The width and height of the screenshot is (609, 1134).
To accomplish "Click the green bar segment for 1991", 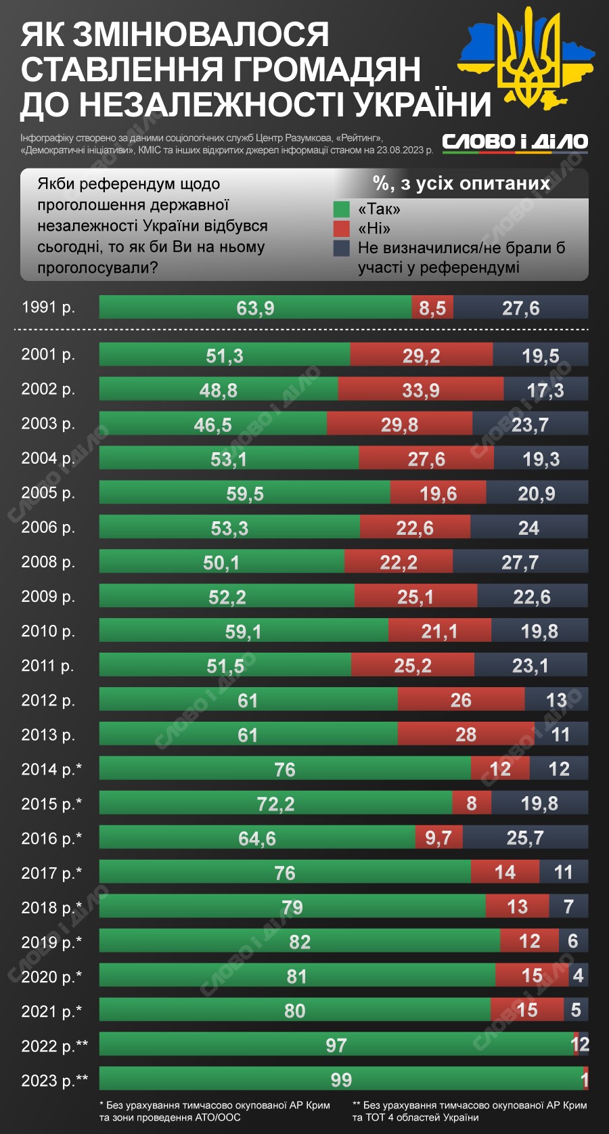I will coord(255,307).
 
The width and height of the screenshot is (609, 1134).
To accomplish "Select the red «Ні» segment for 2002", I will coord(420,389).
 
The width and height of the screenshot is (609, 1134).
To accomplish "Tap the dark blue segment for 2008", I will coord(520,562).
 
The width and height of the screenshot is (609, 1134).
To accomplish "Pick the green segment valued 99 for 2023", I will coord(340,1079).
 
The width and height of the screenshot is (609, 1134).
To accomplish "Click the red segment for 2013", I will coord(466,735).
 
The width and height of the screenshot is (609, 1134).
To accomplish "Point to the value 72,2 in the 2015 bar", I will coord(275,804).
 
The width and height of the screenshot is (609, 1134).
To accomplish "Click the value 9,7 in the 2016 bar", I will coord(438,838).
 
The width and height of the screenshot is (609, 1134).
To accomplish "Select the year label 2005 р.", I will coord(48,493).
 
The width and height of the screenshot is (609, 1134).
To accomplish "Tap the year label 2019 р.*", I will coord(51,942).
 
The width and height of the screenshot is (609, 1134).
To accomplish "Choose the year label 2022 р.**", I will coord(55,1045).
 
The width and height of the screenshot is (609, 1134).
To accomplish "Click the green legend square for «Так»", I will coord(342,209).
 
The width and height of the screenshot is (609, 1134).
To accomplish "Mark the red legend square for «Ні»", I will coord(342,229).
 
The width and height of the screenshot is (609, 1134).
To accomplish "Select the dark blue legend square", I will coord(342,248).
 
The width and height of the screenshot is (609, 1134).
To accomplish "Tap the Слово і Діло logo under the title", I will coord(515,141).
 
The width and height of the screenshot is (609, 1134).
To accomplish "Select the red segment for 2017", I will coord(505,873).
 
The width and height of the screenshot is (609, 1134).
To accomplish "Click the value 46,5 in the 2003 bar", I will coord(212,424).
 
